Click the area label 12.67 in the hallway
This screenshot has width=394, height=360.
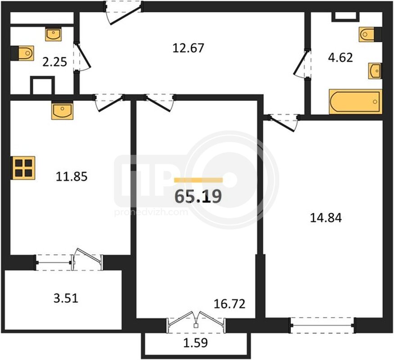[x=188, y=48]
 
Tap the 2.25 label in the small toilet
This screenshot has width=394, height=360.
[x=54, y=62]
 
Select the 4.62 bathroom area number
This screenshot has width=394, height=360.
[x=340, y=58]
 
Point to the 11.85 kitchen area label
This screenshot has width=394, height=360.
[x=72, y=176]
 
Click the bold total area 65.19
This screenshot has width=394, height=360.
[x=198, y=196]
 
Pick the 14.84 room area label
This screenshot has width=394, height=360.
[x=326, y=218]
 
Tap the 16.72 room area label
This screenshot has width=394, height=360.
[x=229, y=304]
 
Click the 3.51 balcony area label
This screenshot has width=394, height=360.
[x=66, y=298]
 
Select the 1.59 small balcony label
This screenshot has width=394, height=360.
[x=195, y=343]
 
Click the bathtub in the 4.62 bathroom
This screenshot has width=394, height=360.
[x=356, y=102]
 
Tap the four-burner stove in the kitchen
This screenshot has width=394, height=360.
[x=23, y=168]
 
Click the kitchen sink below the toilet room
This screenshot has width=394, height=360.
[x=62, y=111]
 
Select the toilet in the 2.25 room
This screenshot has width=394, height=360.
[x=23, y=53]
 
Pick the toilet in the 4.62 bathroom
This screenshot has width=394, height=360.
[x=371, y=34]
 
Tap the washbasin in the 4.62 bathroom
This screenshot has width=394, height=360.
[x=375, y=71]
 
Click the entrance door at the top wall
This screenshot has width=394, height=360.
[x=123, y=12]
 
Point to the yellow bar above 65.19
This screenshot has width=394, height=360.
[x=199, y=180]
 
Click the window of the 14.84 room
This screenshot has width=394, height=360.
[x=323, y=326]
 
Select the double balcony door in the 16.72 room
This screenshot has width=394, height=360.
[x=196, y=322]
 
